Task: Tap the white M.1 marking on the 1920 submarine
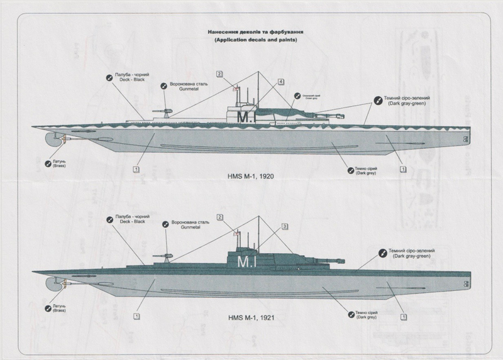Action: (243, 117)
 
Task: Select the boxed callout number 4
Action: (280, 82)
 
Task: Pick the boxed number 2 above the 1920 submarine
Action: (219, 74)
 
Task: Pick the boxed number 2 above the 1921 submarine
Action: (220, 217)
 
